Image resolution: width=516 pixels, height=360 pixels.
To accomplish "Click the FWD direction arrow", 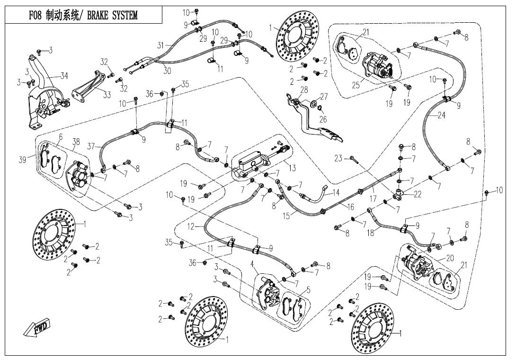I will click(37, 328).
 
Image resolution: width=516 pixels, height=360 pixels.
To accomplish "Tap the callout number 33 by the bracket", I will click(107, 95).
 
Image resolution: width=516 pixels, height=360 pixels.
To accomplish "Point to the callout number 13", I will click(292, 168).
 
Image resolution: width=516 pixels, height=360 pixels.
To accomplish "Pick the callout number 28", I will click(303, 90).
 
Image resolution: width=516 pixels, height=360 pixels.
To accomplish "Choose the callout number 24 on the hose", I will click(441, 115).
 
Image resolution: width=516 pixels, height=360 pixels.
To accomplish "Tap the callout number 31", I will click(161, 45).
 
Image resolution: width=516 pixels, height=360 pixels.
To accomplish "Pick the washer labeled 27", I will click(314, 103).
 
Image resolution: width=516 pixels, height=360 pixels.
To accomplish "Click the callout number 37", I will click(91, 146).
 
